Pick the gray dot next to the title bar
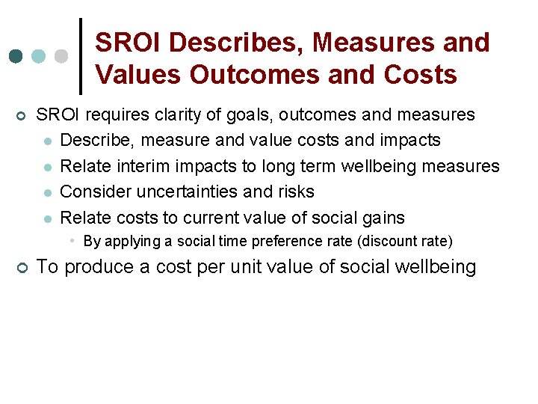pos(62,57)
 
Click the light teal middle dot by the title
pos(39,57)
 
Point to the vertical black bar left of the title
pos(80,57)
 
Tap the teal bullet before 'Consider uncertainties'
pos(47,193)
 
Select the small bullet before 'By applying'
pos(72,241)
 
